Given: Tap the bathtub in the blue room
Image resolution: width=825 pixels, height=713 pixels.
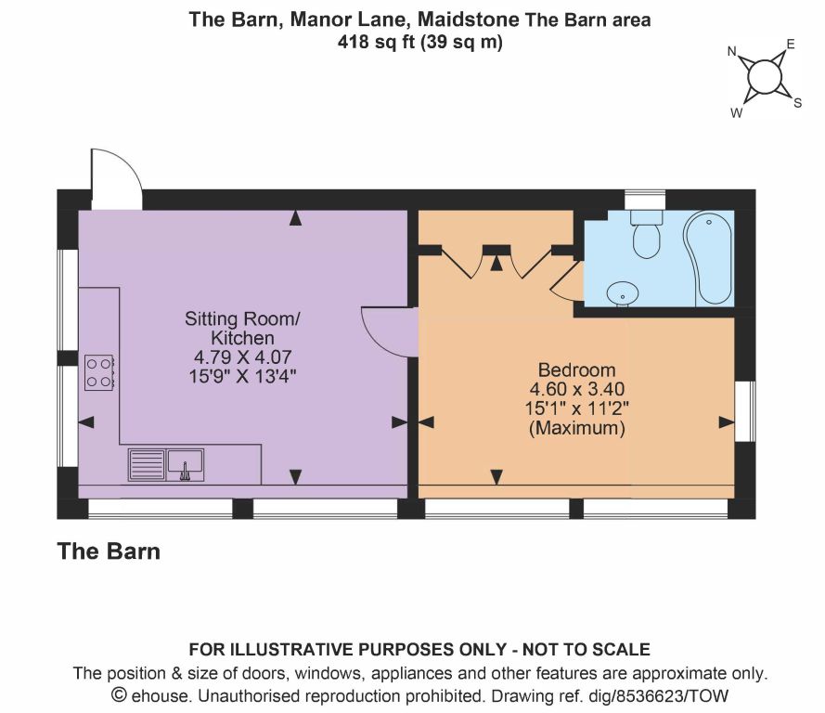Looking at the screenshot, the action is (x=708, y=258).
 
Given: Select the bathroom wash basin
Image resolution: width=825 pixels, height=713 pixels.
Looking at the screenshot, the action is (x=623, y=293).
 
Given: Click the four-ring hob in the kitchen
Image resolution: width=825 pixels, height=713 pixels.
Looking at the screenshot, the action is (x=99, y=372).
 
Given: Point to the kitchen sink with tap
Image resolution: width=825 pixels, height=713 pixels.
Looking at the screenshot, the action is (x=186, y=465).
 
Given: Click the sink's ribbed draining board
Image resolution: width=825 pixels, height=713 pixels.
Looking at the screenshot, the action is (x=147, y=465).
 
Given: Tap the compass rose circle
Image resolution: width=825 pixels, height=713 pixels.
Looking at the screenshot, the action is (x=764, y=77).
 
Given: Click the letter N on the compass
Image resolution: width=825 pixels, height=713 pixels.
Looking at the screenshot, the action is (x=731, y=51).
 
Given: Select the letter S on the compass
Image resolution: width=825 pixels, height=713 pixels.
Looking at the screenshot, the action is (x=798, y=103).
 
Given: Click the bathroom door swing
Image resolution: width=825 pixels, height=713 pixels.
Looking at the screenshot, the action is (x=568, y=281).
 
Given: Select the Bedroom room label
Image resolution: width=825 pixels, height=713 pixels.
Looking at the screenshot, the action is (x=576, y=369).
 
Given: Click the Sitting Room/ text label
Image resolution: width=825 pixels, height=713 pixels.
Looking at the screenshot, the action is (x=242, y=318).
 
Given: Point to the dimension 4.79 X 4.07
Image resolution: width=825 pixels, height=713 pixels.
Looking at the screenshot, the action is (x=242, y=357).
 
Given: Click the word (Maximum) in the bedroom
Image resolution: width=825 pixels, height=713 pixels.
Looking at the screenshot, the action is (x=576, y=428).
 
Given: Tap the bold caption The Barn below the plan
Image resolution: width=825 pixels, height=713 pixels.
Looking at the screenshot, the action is (x=109, y=551).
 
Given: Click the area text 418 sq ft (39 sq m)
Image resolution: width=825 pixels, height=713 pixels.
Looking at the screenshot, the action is (x=419, y=42).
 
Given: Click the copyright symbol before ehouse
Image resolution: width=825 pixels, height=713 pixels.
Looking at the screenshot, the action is (x=120, y=695).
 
